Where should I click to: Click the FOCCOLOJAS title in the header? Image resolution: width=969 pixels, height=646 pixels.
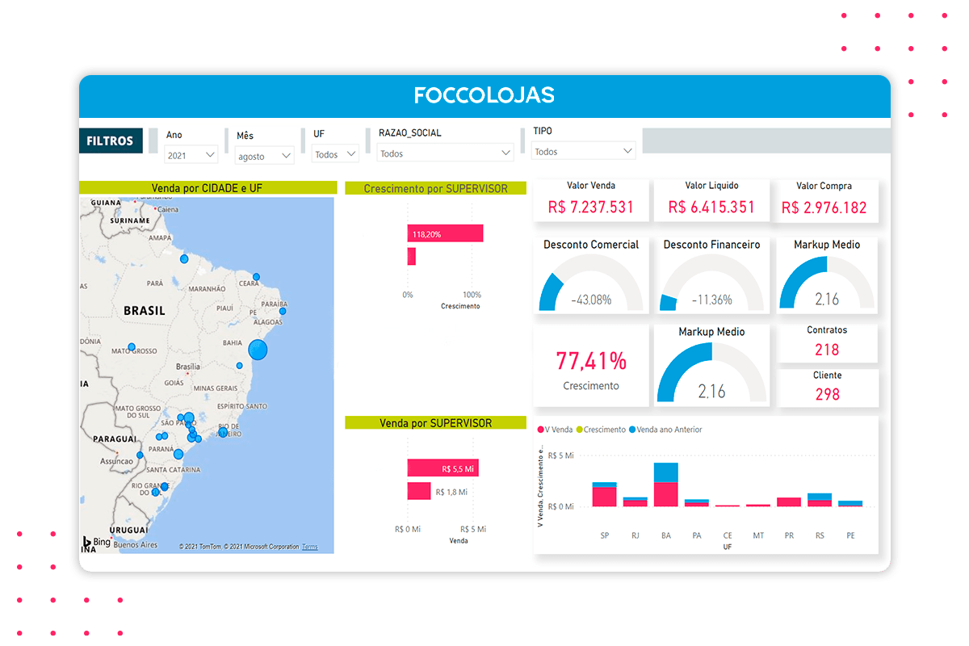[484, 95]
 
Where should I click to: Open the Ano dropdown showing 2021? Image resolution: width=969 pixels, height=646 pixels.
[191, 154]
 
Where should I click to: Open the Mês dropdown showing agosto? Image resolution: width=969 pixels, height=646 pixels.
[265, 156]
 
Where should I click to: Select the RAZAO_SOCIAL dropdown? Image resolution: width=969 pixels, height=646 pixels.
[446, 153]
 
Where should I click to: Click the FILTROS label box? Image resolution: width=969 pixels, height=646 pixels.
[111, 141]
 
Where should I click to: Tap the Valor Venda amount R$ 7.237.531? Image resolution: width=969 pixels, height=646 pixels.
[590, 207]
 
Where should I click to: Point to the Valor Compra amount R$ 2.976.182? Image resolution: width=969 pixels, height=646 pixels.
[824, 208]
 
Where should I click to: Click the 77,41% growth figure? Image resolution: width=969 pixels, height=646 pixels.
[590, 360]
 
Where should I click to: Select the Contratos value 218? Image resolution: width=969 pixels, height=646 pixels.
[827, 350]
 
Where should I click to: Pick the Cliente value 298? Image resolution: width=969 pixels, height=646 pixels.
[827, 394]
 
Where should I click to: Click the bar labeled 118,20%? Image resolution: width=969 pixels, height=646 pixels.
[445, 233]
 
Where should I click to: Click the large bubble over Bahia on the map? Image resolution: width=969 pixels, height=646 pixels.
[258, 350]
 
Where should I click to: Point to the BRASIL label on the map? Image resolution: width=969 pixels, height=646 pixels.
[145, 310]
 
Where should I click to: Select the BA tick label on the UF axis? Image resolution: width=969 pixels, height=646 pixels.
[666, 535]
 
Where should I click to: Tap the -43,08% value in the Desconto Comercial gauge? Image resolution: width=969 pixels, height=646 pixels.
[590, 300]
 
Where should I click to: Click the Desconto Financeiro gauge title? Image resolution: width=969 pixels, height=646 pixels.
[711, 245]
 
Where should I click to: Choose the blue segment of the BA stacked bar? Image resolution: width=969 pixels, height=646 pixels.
[666, 472]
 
